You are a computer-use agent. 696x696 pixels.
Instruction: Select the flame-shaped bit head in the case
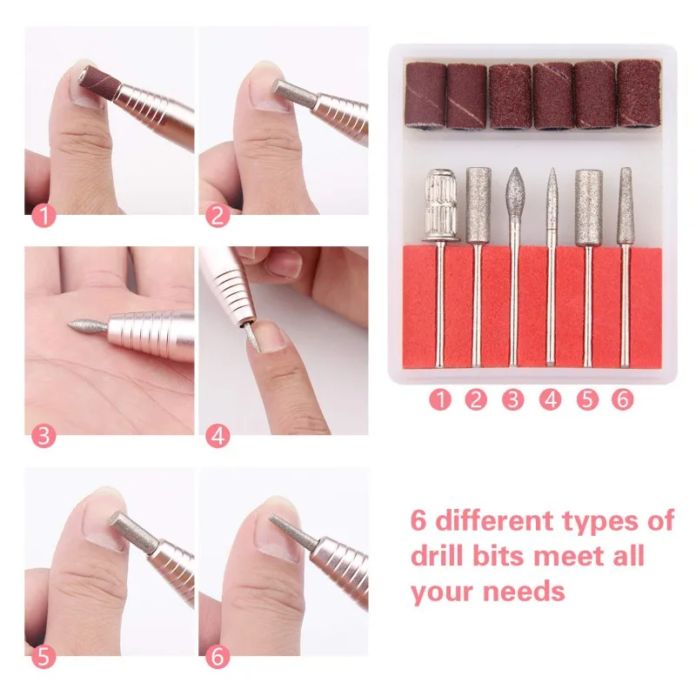514,195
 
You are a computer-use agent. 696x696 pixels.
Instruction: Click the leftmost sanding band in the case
425,97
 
